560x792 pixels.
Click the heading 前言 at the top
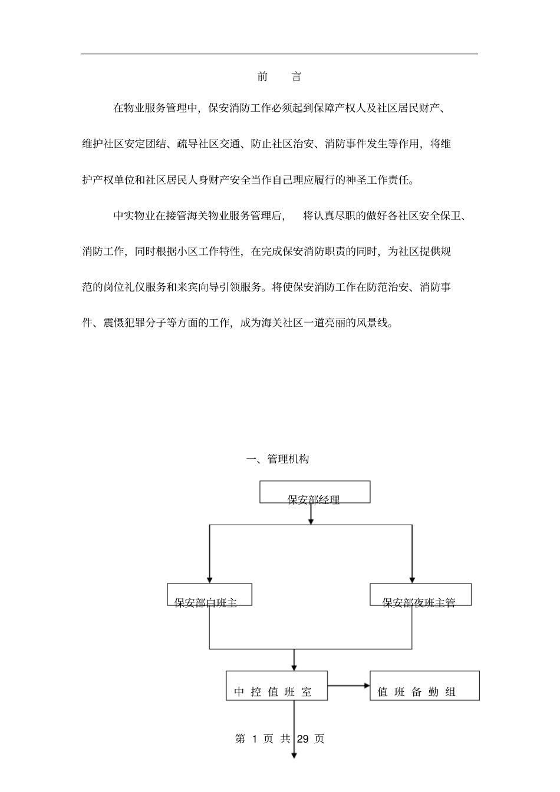click(x=279, y=77)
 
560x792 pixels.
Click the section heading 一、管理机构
click(x=277, y=459)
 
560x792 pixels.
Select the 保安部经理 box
click(x=315, y=492)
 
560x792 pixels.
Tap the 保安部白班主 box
click(x=210, y=595)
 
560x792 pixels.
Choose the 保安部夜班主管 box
click(x=420, y=595)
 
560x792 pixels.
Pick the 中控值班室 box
click(x=276, y=686)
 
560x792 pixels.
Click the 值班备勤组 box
click(x=424, y=686)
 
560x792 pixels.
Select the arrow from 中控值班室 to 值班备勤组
click(x=348, y=685)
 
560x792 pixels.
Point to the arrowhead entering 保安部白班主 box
click(x=209, y=579)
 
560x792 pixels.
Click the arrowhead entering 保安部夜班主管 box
click(x=412, y=579)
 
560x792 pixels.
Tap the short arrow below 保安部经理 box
click(x=311, y=513)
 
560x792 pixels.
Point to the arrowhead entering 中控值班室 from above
click(x=294, y=666)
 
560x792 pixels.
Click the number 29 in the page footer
click(x=303, y=739)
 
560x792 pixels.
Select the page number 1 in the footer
click(x=254, y=739)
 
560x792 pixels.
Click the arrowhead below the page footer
click(x=294, y=755)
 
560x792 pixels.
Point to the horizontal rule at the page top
click(x=279, y=54)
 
